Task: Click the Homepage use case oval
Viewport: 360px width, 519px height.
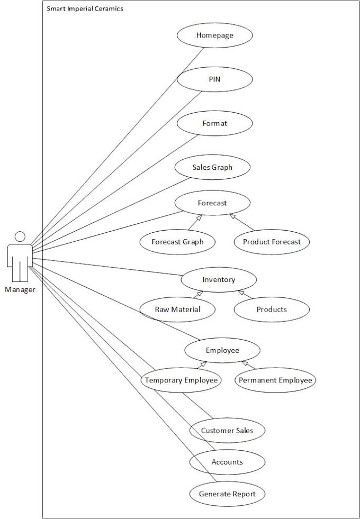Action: (214, 35)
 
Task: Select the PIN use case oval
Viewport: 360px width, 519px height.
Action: (214, 79)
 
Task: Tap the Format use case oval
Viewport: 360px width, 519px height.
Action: (214, 123)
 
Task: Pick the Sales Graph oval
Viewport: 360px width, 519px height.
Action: (212, 168)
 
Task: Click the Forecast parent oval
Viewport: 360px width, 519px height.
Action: (212, 203)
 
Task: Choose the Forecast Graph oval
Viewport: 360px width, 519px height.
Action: (177, 242)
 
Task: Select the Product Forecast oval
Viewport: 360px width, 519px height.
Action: (272, 242)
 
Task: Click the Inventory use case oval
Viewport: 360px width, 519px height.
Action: (219, 280)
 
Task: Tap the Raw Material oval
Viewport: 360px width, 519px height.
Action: (177, 309)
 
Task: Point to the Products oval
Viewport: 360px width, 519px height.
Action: (272, 309)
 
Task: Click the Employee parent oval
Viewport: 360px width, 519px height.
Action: (222, 350)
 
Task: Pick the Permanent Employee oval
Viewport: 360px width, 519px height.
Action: (275, 380)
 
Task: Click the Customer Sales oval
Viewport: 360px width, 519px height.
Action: (227, 431)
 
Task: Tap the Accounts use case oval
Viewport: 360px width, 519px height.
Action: (227, 462)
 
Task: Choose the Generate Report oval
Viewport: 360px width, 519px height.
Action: (227, 494)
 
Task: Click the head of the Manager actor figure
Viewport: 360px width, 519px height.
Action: (20, 236)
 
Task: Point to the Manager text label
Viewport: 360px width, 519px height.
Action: (20, 289)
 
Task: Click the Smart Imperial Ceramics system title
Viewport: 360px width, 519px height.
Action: (85, 9)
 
